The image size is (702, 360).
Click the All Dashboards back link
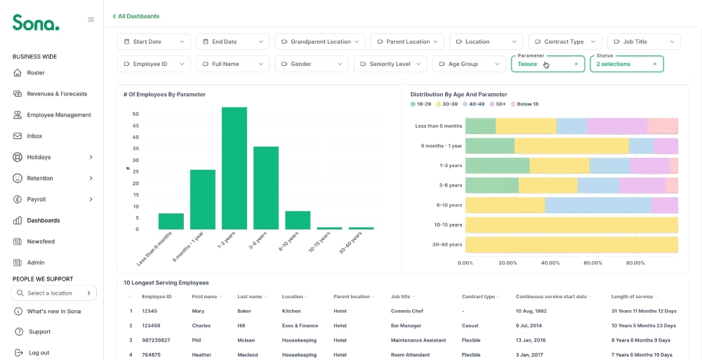click(136, 16)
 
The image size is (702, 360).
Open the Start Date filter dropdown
click(154, 41)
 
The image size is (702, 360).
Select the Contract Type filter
click(565, 41)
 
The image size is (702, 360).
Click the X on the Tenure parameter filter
click(576, 64)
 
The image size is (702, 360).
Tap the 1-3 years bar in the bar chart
click(234, 168)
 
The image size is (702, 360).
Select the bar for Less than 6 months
click(171, 222)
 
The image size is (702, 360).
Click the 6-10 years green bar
click(298, 220)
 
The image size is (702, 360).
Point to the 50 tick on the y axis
click(135, 114)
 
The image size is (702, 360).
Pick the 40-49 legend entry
click(473, 105)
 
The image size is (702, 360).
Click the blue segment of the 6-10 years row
click(598, 206)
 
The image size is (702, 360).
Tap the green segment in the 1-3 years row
click(498, 166)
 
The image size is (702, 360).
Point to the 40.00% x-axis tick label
click(550, 263)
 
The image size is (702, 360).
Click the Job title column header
click(400, 296)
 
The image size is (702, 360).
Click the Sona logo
click(36, 22)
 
